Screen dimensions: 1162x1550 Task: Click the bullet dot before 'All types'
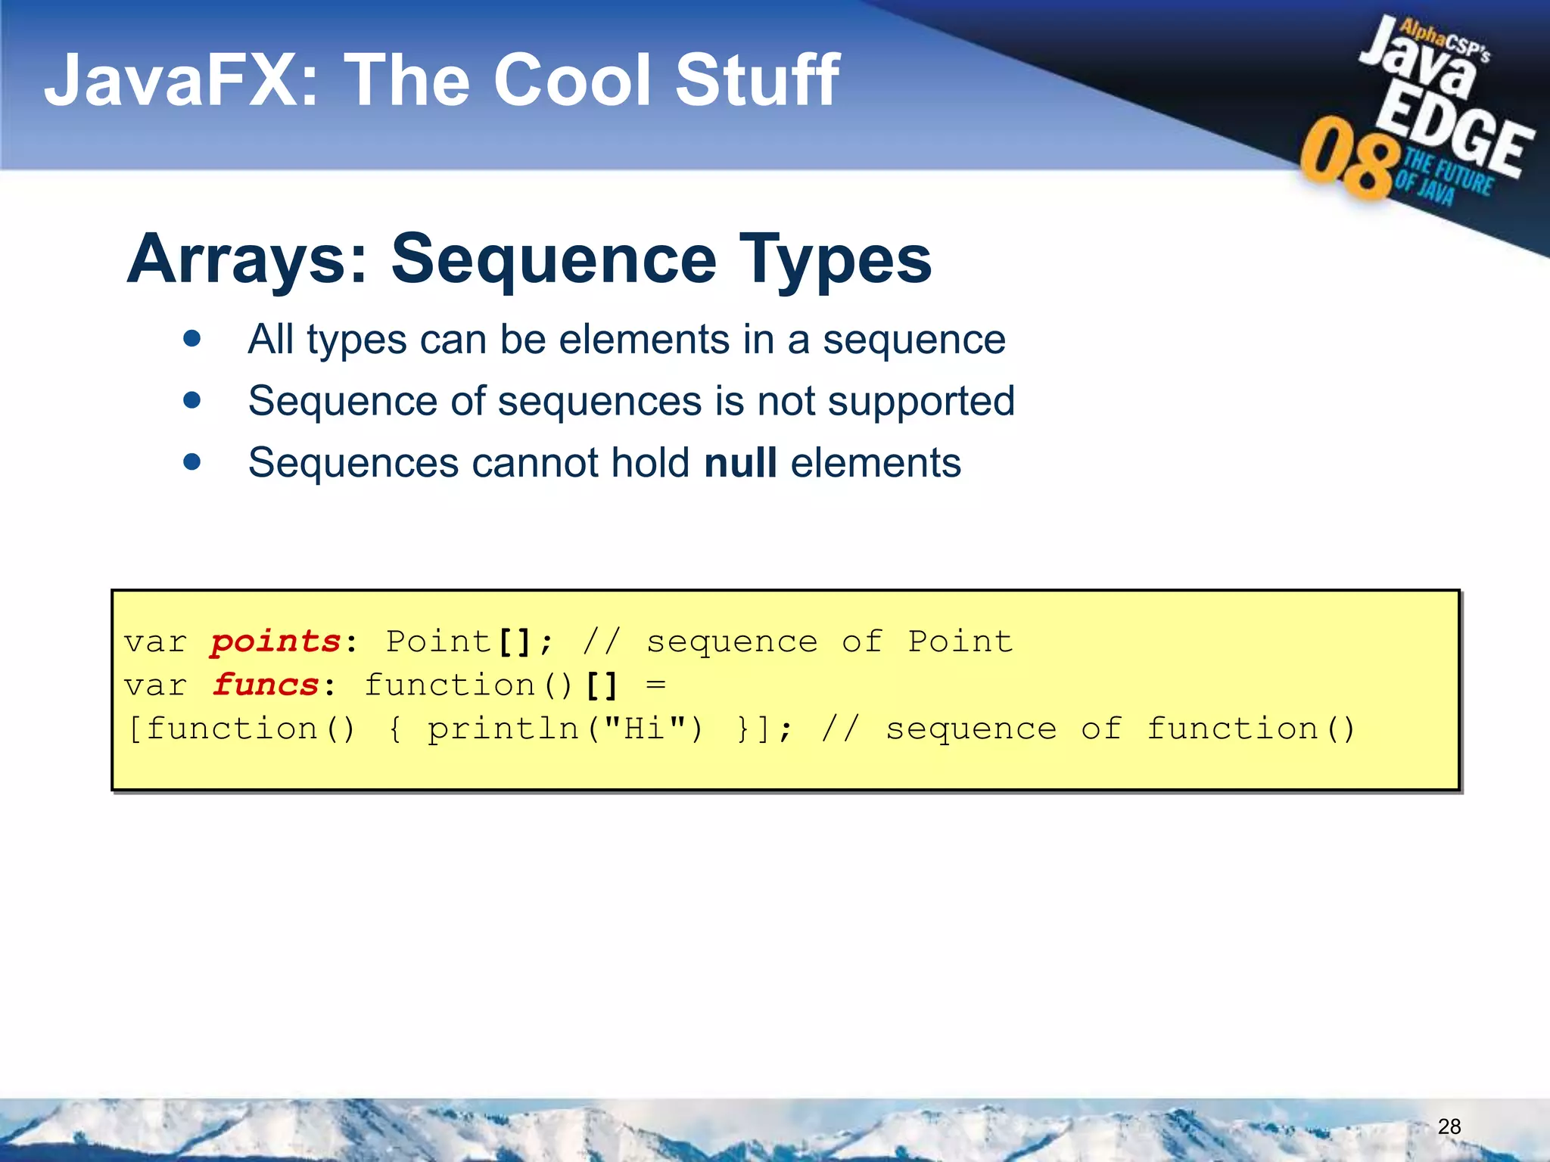[x=192, y=338]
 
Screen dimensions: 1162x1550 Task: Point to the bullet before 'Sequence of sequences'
[x=192, y=399]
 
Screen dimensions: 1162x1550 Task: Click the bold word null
[x=740, y=462]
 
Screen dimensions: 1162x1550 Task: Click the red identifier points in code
[x=276, y=642]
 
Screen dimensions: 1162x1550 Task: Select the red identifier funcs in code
[x=266, y=685]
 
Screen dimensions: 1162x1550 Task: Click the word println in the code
[x=503, y=729]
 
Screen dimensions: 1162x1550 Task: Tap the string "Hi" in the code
[x=645, y=729]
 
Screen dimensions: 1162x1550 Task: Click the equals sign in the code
[x=655, y=685]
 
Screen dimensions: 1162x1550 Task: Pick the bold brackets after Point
[x=515, y=642]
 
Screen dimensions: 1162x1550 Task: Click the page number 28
[x=1449, y=1126]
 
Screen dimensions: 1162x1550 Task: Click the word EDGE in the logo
[x=1453, y=132]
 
